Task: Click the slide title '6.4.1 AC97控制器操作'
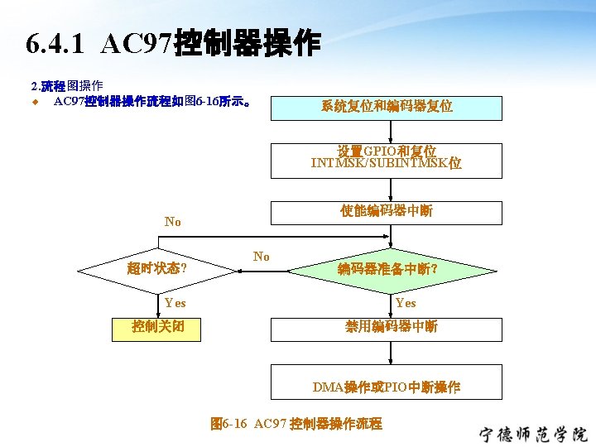click(172, 44)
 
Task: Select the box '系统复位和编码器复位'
click(387, 107)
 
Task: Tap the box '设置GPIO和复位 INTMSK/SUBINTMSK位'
click(387, 159)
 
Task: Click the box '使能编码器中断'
click(387, 212)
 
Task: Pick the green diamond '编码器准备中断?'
click(387, 268)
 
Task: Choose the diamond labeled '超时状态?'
click(156, 268)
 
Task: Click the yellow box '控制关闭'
click(156, 328)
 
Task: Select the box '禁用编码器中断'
click(387, 328)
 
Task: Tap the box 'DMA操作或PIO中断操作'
click(387, 387)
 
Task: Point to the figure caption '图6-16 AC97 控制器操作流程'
click(296, 424)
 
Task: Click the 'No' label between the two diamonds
click(262, 257)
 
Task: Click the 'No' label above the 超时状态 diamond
click(172, 222)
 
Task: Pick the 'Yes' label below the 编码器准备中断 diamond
click(405, 303)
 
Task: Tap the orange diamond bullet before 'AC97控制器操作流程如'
click(36, 103)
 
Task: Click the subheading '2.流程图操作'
click(66, 85)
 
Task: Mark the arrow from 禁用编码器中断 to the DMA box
click(387, 358)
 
